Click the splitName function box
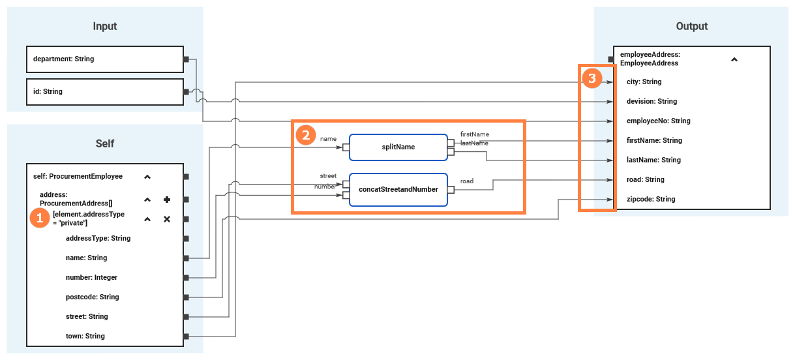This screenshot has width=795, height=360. (x=398, y=147)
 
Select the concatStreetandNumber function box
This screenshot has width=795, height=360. (x=398, y=189)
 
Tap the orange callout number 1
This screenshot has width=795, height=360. (x=40, y=218)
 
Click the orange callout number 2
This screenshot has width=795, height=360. (x=303, y=135)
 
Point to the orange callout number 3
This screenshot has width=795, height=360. (x=592, y=79)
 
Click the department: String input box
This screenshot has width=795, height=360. (x=104, y=59)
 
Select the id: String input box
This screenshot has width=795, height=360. (x=104, y=91)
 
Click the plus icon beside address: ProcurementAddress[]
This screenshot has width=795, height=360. (x=166, y=200)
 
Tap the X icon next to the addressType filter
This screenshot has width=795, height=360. (x=166, y=219)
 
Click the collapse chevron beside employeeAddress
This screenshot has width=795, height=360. (x=734, y=59)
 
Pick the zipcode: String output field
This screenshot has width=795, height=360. (x=650, y=199)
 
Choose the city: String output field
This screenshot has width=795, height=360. (x=644, y=82)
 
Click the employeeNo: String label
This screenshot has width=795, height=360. (x=657, y=121)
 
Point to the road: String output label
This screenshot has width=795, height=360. (x=645, y=179)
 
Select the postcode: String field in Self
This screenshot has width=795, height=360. (x=92, y=297)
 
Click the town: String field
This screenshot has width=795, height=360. (x=85, y=336)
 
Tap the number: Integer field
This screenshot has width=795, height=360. (x=91, y=277)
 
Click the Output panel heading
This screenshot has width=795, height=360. (x=691, y=27)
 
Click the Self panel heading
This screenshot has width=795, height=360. (x=104, y=143)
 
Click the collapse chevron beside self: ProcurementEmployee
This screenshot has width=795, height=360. (x=147, y=177)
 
